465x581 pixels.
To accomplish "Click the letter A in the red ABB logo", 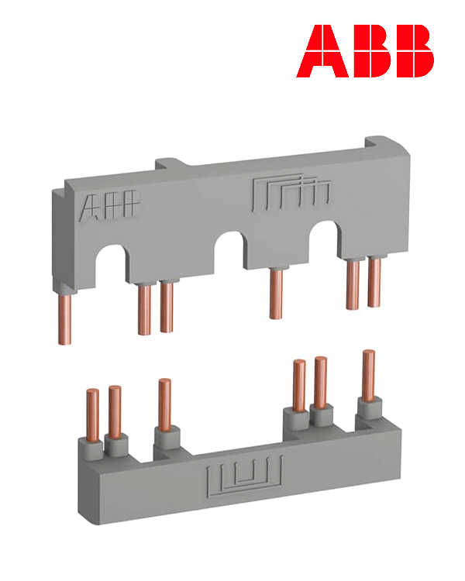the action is click(322, 51).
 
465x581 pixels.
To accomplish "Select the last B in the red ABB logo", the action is click(412, 51).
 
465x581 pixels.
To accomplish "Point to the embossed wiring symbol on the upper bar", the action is click(291, 194).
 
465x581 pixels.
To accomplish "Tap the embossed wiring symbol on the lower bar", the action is click(244, 476).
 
